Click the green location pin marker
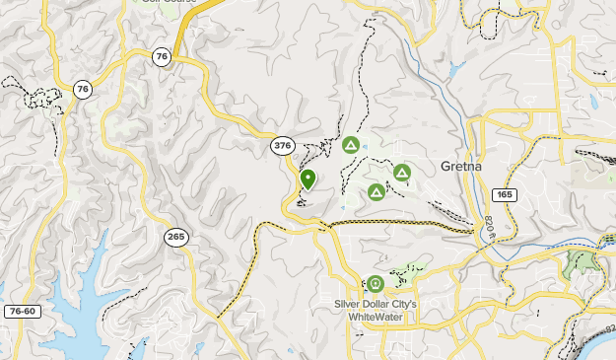coord(308,180)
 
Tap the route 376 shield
coord(283,146)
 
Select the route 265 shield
coord(176,237)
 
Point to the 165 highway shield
coord(504,195)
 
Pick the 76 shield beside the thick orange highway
coord(162,57)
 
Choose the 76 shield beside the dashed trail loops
coord(83,90)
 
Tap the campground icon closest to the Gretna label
coord(401,173)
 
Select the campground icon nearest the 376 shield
coord(350,146)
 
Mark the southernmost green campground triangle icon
coord(376,191)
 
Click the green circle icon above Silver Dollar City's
coord(376,285)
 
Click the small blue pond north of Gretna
coord(454,71)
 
